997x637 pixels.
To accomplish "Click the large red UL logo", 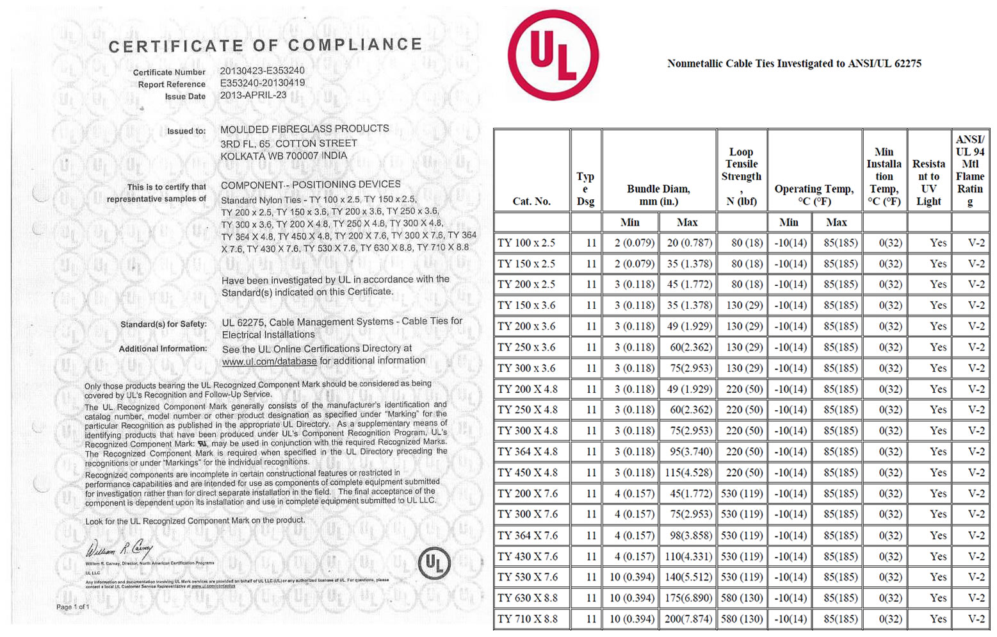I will [553, 55].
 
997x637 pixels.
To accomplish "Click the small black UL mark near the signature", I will [434, 563].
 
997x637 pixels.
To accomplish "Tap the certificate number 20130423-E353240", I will [262, 70].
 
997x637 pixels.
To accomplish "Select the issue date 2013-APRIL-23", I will [253, 95].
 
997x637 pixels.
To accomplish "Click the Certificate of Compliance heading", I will [266, 45].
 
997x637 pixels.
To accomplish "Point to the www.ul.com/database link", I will [269, 361].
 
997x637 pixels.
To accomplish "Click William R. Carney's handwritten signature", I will [119, 549].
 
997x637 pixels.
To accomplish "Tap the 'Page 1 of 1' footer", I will [73, 606].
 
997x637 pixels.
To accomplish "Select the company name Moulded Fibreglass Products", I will [304, 129].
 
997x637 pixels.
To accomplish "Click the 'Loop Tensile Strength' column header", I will [742, 176].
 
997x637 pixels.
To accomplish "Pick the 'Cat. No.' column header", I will [531, 201].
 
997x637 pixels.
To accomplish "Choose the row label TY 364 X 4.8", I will [528, 451].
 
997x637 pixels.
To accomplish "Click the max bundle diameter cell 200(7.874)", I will [688, 619].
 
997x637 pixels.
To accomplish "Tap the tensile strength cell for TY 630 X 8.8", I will [742, 598].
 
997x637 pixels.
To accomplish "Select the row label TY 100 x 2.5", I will [526, 243].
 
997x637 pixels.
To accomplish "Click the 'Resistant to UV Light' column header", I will [928, 182].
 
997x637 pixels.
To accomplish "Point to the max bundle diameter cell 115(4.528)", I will [688, 472].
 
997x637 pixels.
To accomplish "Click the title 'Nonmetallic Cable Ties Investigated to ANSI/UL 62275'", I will [794, 63].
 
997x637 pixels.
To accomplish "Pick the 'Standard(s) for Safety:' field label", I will [163, 324].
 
